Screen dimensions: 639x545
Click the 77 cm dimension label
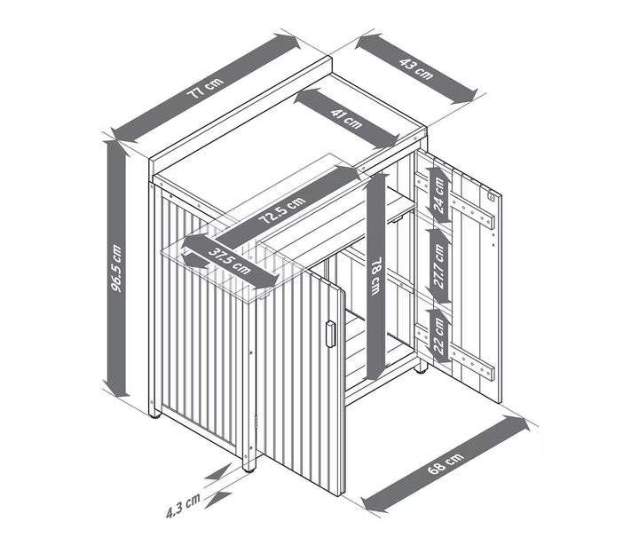pos(205,88)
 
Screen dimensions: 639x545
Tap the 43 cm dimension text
pos(416,69)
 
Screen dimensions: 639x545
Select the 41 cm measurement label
pos(346,118)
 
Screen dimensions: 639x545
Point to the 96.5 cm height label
pos(116,268)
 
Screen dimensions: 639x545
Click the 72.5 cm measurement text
pos(282,210)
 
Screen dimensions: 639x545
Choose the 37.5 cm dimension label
pos(230,261)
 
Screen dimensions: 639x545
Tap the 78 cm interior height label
pos(375,275)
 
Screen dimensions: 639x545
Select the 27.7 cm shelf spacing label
pos(439,266)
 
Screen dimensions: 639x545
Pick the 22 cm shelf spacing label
pos(439,336)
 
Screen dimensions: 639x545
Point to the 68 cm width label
pos(446,463)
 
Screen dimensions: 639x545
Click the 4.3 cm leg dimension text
pos(183,506)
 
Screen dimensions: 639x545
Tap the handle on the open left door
pos(330,335)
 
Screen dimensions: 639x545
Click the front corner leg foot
pos(248,470)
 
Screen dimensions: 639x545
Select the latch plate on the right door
pos(492,197)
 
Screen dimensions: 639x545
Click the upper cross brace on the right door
pos(455,200)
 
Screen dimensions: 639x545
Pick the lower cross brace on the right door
pos(455,352)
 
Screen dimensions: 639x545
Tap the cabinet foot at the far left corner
pos(154,415)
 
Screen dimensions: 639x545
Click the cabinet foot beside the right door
pos(422,370)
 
